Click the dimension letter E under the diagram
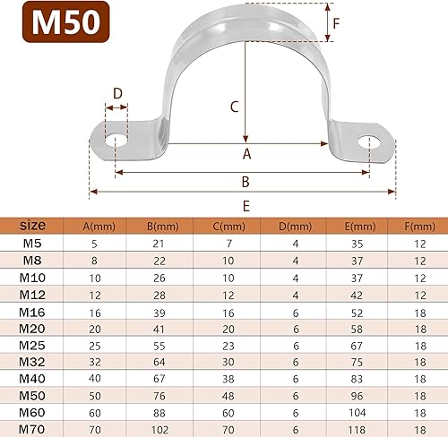(x=246, y=205)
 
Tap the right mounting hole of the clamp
(x=368, y=141)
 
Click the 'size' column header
(x=32, y=225)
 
